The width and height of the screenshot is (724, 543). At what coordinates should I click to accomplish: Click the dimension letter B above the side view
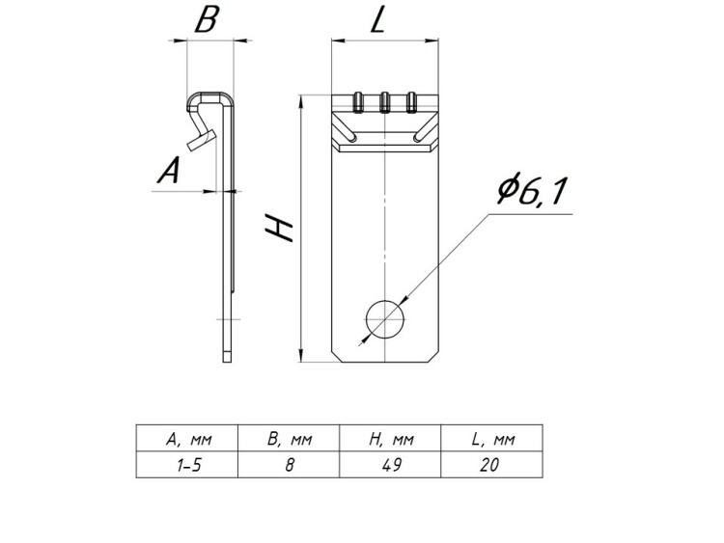click(206, 20)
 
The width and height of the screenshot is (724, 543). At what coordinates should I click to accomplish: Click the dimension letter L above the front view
click(378, 20)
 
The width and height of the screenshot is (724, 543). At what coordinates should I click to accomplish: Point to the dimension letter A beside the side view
click(170, 171)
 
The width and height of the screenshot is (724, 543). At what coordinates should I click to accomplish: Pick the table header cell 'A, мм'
click(187, 440)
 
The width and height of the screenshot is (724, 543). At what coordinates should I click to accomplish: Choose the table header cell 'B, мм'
click(289, 440)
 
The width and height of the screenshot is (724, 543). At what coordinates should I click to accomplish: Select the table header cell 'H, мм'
click(390, 440)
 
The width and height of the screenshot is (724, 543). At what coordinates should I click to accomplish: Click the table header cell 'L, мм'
click(492, 440)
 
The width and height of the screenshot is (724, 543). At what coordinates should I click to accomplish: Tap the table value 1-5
click(187, 463)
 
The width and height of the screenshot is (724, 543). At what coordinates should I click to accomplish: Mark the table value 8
click(289, 463)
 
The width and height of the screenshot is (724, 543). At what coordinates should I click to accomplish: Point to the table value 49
click(390, 463)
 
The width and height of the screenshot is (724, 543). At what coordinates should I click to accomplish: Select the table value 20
click(492, 463)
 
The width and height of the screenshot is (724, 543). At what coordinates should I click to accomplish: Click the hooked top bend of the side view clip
click(208, 95)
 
